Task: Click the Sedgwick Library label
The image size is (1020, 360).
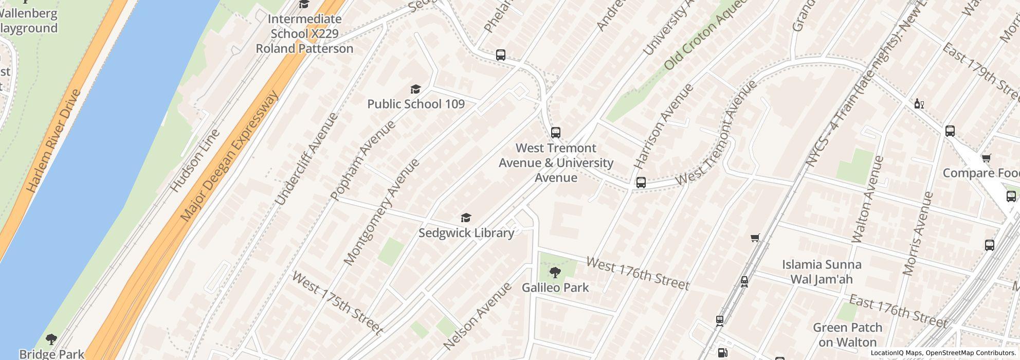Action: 466,233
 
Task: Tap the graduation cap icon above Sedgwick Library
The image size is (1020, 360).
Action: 466,218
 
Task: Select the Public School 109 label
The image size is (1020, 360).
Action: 415,104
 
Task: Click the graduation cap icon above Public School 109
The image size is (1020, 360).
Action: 415,89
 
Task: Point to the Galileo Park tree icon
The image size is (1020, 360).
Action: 555,273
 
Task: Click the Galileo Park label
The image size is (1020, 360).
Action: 555,287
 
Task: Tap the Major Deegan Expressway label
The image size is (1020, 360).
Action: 229,157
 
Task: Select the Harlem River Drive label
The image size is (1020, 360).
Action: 53,141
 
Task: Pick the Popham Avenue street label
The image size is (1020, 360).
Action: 363,160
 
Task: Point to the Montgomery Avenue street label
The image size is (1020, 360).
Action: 381,212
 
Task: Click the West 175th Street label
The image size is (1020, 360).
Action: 337,303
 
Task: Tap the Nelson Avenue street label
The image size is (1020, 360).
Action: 477,316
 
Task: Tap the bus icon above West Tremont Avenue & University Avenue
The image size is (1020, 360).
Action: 555,133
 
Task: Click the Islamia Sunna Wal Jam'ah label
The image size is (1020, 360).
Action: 821,272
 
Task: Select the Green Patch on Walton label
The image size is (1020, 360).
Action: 847,335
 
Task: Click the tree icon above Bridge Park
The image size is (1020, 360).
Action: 51,339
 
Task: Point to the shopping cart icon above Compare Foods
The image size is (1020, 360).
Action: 986,158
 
